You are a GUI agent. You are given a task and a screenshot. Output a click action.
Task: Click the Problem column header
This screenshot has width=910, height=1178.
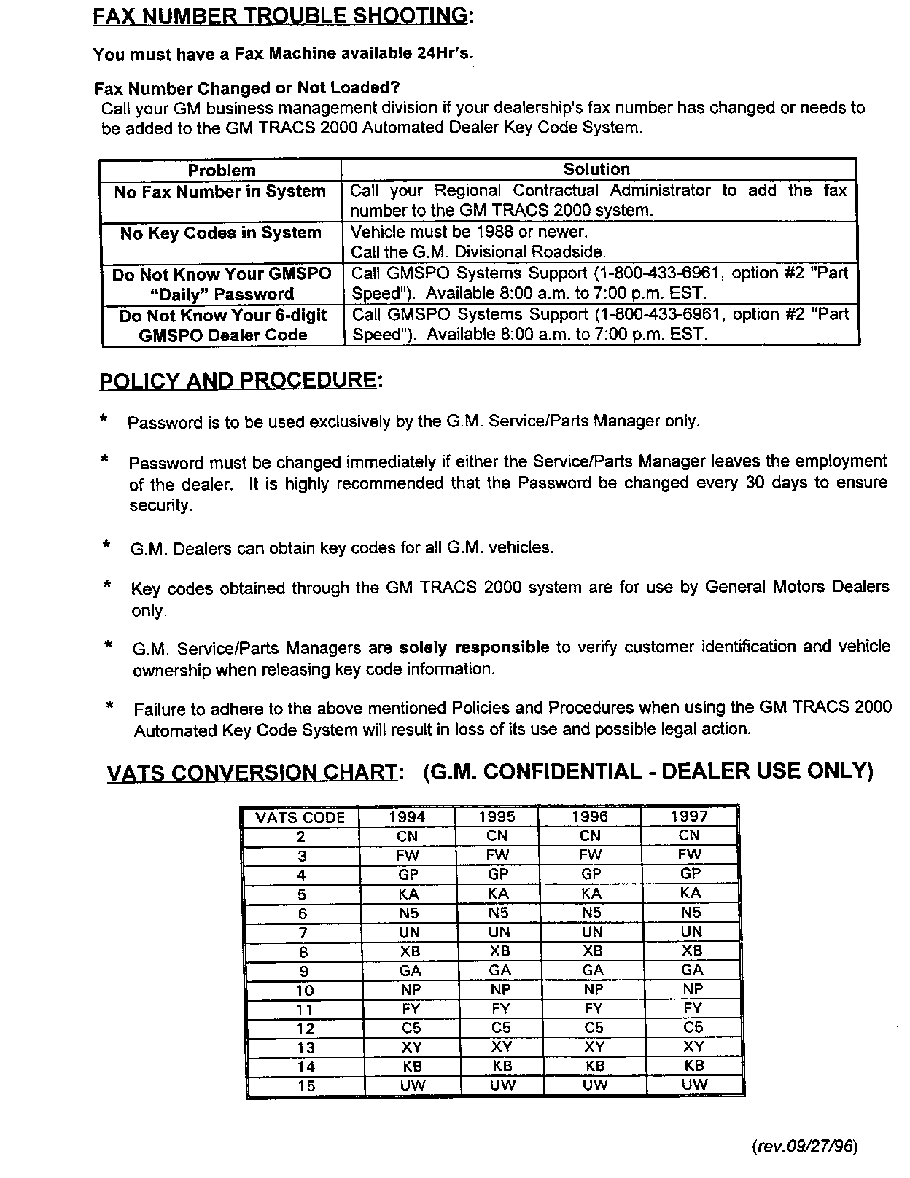[222, 171]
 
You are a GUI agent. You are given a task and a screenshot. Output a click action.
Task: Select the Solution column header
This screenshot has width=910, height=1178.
[596, 169]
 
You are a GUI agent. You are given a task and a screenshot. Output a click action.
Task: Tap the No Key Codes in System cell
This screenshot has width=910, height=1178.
[221, 233]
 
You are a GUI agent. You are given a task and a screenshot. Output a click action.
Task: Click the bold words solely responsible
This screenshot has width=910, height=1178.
[475, 647]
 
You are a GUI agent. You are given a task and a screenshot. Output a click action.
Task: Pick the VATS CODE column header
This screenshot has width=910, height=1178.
[300, 818]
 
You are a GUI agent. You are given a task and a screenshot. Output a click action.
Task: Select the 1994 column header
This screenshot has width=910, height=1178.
[408, 817]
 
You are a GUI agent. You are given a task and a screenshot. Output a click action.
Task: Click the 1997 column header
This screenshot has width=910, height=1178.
[689, 816]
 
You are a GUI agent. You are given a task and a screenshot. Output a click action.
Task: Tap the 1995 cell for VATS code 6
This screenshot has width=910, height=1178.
[498, 913]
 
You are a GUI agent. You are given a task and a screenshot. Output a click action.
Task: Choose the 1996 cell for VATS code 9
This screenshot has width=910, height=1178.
[593, 970]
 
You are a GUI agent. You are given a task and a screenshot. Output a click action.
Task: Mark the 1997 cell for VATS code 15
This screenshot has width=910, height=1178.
[694, 1085]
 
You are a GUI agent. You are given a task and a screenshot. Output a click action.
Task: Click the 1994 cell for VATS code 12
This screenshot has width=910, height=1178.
[411, 1028]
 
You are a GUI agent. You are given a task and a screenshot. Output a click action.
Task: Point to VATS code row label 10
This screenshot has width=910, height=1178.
[305, 990]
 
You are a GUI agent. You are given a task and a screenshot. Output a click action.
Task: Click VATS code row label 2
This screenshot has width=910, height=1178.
[301, 837]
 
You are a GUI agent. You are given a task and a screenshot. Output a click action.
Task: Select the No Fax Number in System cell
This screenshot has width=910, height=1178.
[220, 192]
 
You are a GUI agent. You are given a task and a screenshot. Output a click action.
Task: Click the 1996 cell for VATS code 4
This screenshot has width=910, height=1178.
[591, 874]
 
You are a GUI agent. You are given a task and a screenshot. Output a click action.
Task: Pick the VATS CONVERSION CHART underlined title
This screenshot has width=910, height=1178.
[254, 773]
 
